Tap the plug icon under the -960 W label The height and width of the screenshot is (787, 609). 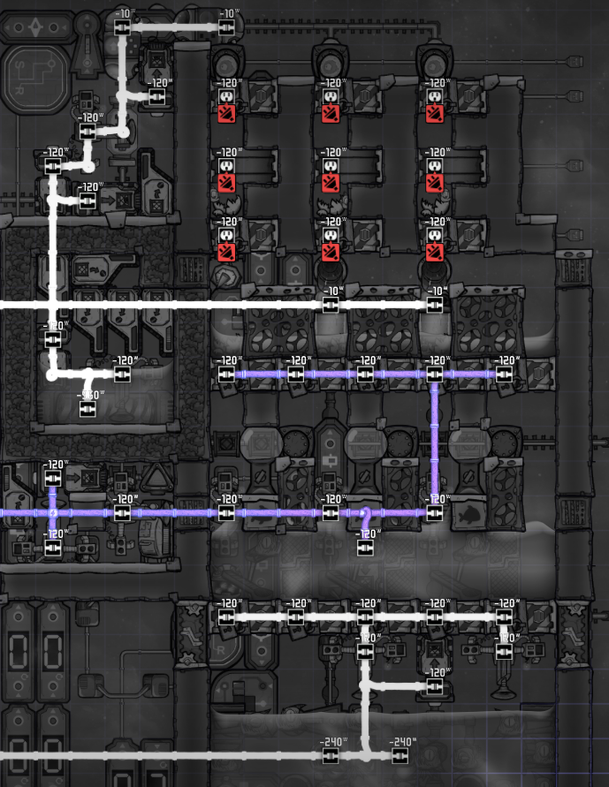click(88, 409)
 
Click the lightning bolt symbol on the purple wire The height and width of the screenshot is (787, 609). click(53, 512)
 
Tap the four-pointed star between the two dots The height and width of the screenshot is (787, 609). click(35, 27)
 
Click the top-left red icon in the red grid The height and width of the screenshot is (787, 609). click(225, 114)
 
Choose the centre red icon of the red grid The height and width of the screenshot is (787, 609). click(330, 183)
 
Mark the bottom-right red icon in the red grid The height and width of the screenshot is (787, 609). click(433, 253)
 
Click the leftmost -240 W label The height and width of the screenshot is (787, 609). click(332, 742)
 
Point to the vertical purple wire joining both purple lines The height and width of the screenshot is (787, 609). click(434, 442)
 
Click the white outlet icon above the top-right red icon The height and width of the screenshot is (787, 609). click(433, 95)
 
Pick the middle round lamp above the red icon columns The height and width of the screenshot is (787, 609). click(330, 64)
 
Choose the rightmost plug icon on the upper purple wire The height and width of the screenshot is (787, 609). click(504, 375)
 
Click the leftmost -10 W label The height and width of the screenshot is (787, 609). click(123, 14)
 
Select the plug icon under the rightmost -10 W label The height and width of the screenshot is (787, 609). click(433, 304)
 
